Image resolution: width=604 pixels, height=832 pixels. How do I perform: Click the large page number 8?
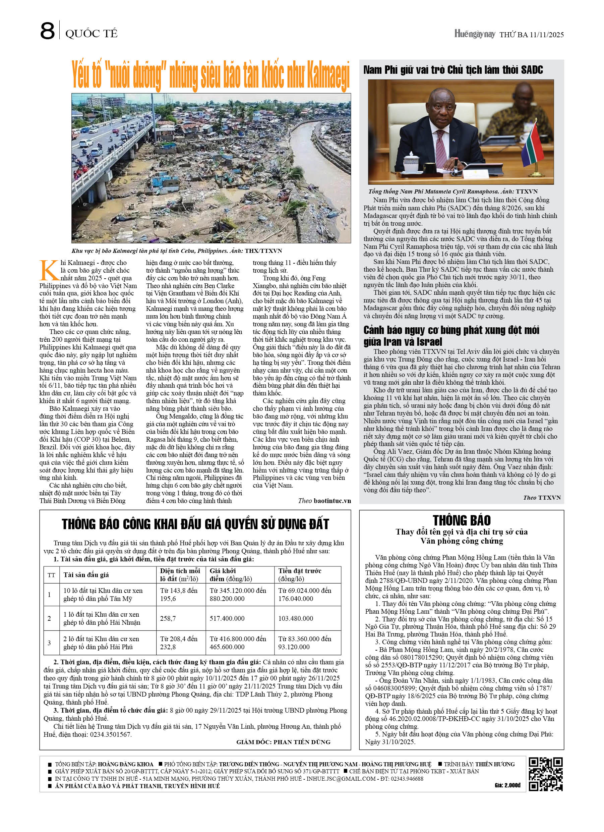(x=47, y=31)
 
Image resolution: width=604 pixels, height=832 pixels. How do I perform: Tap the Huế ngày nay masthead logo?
(x=475, y=34)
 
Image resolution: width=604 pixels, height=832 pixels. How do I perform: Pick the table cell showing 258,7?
(x=168, y=618)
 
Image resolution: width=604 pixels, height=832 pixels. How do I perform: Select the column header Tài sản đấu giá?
(x=86, y=574)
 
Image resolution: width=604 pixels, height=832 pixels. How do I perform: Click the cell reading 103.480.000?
(x=296, y=618)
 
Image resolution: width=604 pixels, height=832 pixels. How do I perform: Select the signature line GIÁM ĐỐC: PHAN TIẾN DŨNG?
(x=283, y=742)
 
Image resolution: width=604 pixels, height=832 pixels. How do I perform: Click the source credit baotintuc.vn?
(x=332, y=500)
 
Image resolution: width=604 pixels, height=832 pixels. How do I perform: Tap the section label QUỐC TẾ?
(x=91, y=34)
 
